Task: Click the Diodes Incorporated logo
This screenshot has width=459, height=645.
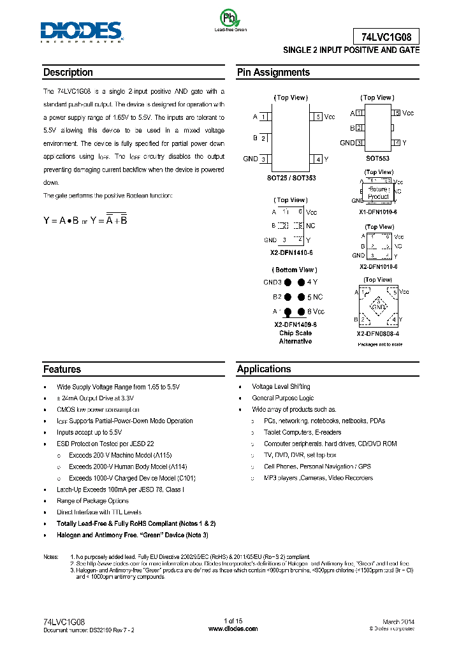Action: coord(81,31)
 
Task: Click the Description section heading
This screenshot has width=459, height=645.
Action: coord(68,73)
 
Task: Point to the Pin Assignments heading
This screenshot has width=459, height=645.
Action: coord(273,73)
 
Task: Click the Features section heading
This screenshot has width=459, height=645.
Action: coord(62,369)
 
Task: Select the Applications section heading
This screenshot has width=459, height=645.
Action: coord(264,369)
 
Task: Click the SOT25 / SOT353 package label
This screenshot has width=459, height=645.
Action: coord(291,178)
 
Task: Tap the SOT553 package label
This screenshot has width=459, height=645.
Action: coord(377,158)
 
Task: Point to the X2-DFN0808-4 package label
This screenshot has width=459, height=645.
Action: coord(378,333)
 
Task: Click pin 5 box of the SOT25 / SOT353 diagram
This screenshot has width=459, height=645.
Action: coord(317,117)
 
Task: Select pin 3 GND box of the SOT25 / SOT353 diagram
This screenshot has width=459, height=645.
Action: coord(263,159)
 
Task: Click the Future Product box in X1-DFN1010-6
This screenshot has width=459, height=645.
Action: coord(379,193)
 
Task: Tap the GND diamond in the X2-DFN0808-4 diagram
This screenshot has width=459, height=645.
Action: coord(379,307)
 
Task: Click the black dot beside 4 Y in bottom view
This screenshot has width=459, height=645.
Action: coord(300,282)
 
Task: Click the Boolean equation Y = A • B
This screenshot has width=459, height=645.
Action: coord(61,220)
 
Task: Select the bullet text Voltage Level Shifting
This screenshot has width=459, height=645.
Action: coord(281,387)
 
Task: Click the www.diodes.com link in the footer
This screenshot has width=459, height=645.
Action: coord(233,628)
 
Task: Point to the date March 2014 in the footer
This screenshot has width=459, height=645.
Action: coord(398,621)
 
